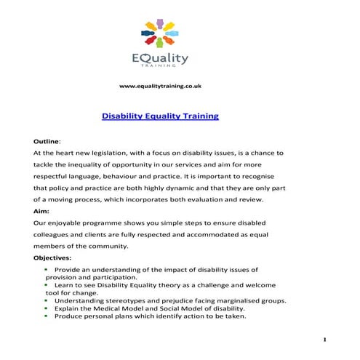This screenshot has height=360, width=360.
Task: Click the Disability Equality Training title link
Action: (x=160, y=116)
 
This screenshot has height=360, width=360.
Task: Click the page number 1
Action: (x=324, y=340)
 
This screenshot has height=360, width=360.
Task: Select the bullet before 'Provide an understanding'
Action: (x=47, y=269)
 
